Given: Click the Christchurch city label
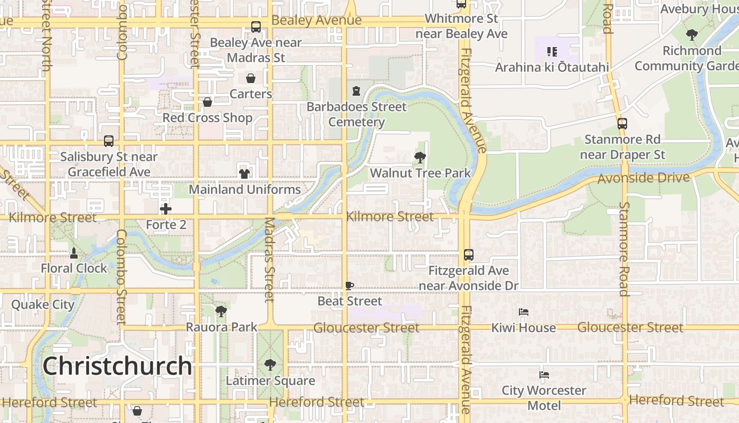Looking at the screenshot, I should click(x=117, y=365).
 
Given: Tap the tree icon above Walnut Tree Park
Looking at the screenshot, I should click(x=420, y=157).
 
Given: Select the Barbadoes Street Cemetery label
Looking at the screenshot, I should click(x=356, y=114).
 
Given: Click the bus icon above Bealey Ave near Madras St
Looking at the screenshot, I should click(x=256, y=27).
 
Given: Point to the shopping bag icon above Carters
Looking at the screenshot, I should click(x=250, y=78).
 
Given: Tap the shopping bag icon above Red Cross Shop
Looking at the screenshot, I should click(x=207, y=102).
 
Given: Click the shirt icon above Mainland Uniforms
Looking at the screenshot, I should click(x=244, y=173).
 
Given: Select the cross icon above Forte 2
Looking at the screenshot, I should click(x=166, y=209).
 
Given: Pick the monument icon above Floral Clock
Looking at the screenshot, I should click(x=74, y=253).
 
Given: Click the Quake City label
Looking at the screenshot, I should click(x=43, y=305).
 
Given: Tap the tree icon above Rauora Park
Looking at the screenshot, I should click(x=221, y=311).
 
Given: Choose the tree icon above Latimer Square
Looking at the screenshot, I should click(x=270, y=364).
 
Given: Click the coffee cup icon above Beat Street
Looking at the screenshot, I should click(x=349, y=286).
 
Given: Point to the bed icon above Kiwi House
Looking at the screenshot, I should click(x=524, y=312).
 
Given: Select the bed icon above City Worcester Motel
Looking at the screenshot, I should click(x=544, y=375).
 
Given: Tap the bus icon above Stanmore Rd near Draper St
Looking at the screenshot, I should click(x=622, y=124).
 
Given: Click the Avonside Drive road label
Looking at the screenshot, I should click(x=643, y=178).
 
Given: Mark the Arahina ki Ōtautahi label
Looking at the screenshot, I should click(x=552, y=67).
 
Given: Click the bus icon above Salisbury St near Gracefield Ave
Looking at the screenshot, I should click(x=109, y=141).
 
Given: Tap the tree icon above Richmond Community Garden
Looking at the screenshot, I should click(x=691, y=35).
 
